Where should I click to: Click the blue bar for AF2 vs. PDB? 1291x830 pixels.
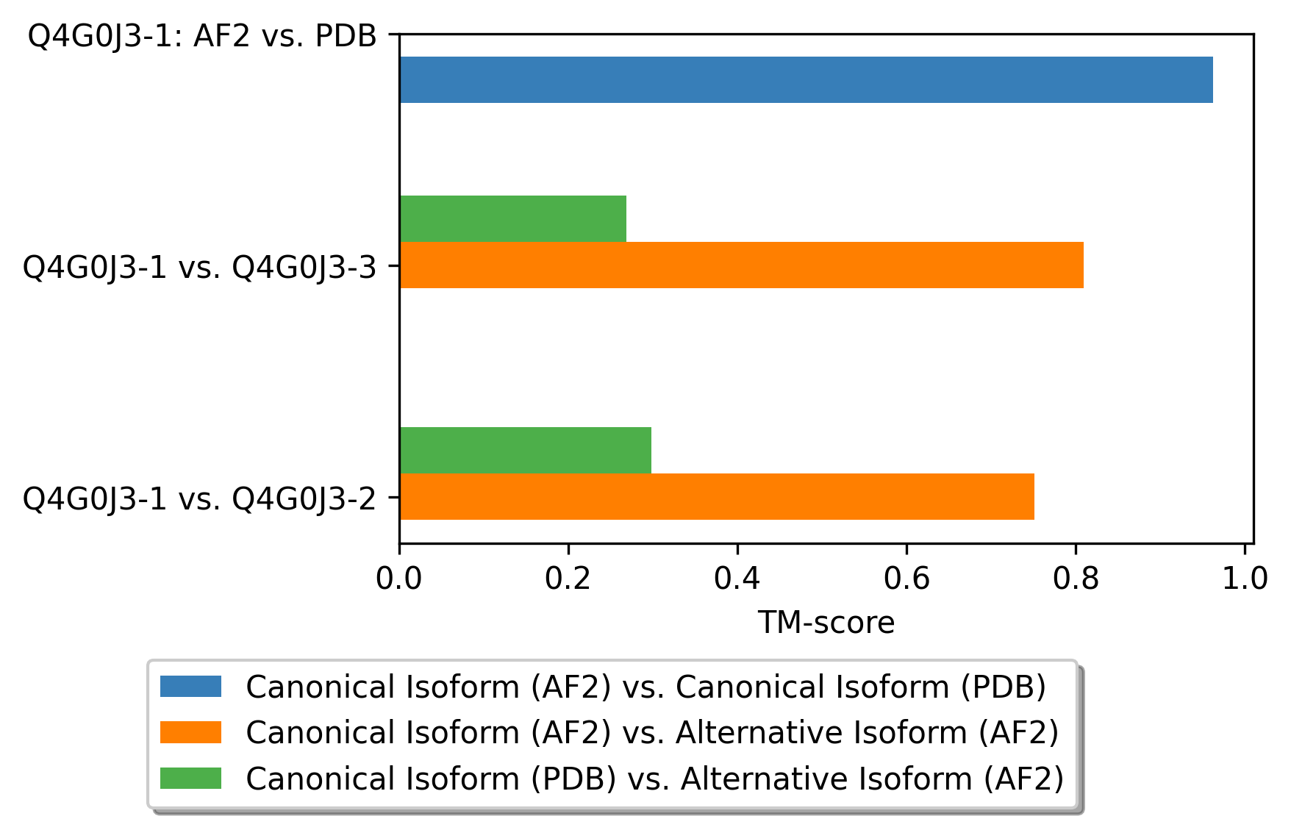806,79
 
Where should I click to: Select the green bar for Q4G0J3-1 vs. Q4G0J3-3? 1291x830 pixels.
513,218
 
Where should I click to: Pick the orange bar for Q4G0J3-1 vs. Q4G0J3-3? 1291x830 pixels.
742,265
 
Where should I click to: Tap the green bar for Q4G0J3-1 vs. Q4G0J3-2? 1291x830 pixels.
526,450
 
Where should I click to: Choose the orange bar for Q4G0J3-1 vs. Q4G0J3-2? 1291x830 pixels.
717,496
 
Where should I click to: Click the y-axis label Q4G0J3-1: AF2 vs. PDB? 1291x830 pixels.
202,35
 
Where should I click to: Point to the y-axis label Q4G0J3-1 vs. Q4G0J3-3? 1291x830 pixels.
199,267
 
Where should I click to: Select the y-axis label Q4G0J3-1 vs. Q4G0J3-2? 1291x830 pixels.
199,498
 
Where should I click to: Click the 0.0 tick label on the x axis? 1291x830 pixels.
399,579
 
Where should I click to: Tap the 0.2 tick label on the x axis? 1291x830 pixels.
568,579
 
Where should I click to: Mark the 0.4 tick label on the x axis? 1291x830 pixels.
737,579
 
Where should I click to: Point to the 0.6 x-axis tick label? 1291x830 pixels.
906,579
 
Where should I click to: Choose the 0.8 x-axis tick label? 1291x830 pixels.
1076,579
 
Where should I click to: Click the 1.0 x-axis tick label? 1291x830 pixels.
1245,579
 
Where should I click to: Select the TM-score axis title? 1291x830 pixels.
826,623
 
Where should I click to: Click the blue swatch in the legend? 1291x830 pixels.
190,687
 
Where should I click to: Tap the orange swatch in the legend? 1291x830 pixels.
190,732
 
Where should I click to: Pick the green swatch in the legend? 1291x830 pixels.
190,778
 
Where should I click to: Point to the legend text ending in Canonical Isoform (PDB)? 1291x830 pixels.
646,687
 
